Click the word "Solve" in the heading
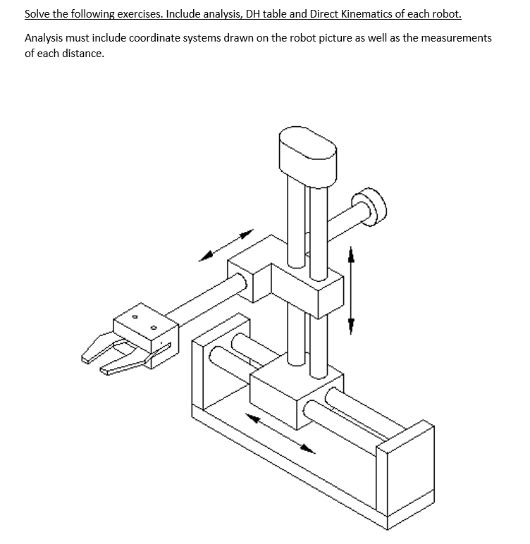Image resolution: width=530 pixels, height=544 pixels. pyautogui.click(x=38, y=13)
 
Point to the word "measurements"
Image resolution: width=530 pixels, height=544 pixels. pyautogui.click(x=455, y=38)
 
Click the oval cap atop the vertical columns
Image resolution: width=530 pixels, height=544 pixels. pyautogui.click(x=308, y=151)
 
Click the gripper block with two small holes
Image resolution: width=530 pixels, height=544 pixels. pyautogui.click(x=147, y=330)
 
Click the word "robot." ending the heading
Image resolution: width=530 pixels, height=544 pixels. pyautogui.click(x=447, y=13)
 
